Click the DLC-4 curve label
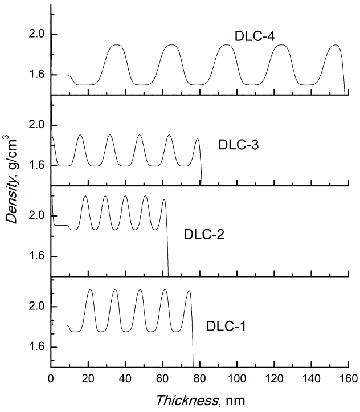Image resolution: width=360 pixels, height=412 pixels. (252, 35)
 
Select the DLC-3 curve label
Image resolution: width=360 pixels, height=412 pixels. (239, 145)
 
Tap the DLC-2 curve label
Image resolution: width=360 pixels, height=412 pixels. (204, 234)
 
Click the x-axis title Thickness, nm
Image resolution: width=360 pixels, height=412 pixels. (201, 400)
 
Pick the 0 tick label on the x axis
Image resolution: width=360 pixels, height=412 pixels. (51, 377)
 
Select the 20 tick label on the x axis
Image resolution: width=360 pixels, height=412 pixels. (88, 377)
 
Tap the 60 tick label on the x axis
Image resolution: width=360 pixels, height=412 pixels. (162, 377)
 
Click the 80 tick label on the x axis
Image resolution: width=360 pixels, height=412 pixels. (200, 377)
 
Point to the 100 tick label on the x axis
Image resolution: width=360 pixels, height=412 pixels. (237, 377)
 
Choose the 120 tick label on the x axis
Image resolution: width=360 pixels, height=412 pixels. (274, 377)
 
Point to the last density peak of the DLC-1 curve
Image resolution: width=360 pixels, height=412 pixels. (188, 291)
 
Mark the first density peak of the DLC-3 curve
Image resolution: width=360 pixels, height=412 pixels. (80, 135)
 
